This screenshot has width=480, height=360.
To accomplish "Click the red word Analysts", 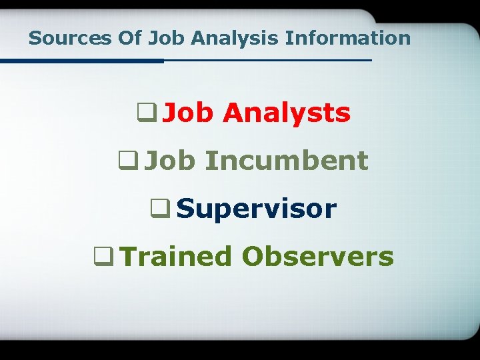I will (x=287, y=113).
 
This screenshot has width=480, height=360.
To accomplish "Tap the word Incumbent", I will (x=286, y=161).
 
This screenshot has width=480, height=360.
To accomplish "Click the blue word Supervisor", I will (x=257, y=209).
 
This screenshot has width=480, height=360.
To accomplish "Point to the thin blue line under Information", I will (x=267, y=60).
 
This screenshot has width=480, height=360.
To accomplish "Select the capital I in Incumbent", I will (x=209, y=161).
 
